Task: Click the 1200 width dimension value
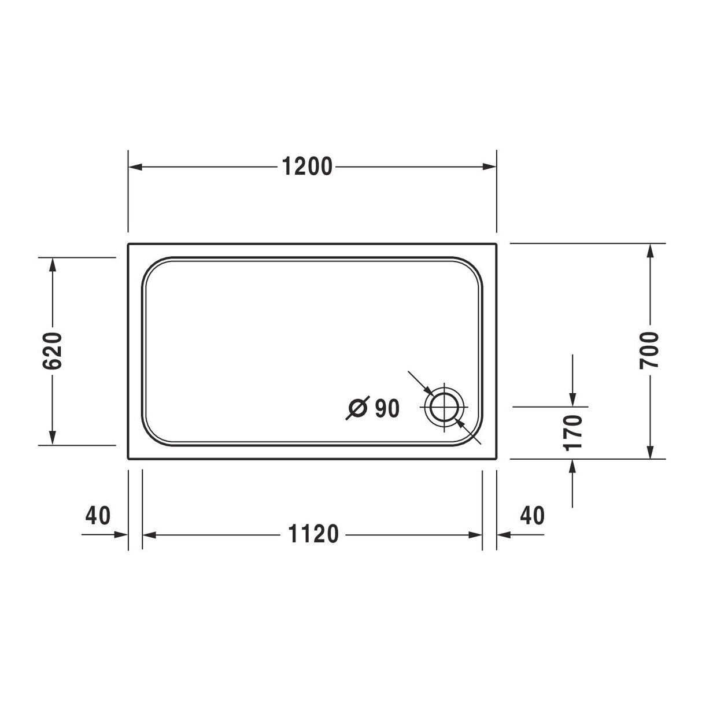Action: [x=307, y=167]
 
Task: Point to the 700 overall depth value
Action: [x=650, y=350]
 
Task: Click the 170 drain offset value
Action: [x=572, y=433]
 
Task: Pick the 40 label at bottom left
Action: [x=98, y=515]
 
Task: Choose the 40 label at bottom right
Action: [x=532, y=515]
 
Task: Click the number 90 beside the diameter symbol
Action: [x=387, y=408]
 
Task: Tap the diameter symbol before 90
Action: [x=357, y=408]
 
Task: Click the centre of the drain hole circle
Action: [x=445, y=407]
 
